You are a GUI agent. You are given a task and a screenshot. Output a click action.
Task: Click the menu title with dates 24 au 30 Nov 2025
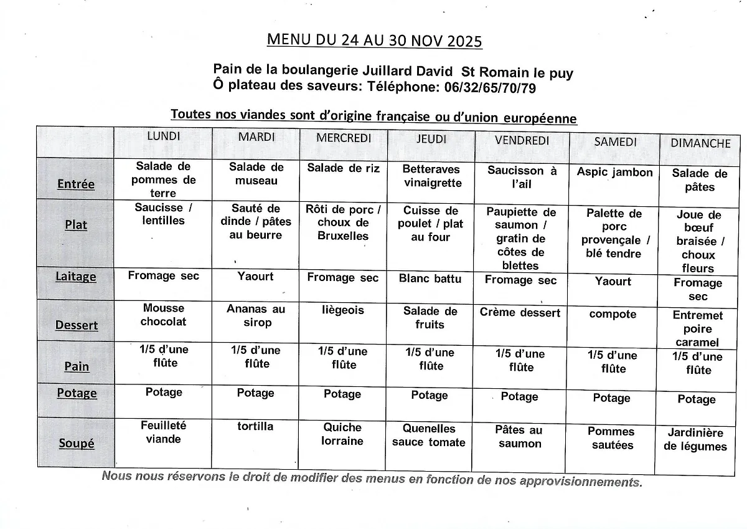374,41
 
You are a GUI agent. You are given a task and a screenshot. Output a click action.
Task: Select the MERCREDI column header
343,138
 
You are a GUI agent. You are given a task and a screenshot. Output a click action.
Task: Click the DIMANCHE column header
700,143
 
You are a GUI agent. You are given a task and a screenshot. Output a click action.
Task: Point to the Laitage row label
76,277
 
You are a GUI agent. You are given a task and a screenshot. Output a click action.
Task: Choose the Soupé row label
77,444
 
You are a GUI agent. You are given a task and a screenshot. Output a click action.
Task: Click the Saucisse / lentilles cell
163,214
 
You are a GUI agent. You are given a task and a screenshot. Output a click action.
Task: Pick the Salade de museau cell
256,174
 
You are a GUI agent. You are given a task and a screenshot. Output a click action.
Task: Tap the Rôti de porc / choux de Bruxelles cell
343,222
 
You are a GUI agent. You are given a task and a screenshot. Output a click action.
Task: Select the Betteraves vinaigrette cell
431,176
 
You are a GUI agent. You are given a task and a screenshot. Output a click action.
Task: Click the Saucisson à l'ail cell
522,178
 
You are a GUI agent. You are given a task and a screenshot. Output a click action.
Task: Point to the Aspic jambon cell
614,173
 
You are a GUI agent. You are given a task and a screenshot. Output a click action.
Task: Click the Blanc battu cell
430,279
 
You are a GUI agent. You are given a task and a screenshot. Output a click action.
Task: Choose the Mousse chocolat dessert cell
163,315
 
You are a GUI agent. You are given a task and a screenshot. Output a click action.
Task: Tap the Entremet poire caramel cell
697,328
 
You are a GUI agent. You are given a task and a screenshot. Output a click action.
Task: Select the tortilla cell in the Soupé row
255,427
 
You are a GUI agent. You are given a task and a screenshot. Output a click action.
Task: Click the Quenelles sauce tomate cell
429,436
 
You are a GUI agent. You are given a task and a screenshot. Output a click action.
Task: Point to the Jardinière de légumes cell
695,439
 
